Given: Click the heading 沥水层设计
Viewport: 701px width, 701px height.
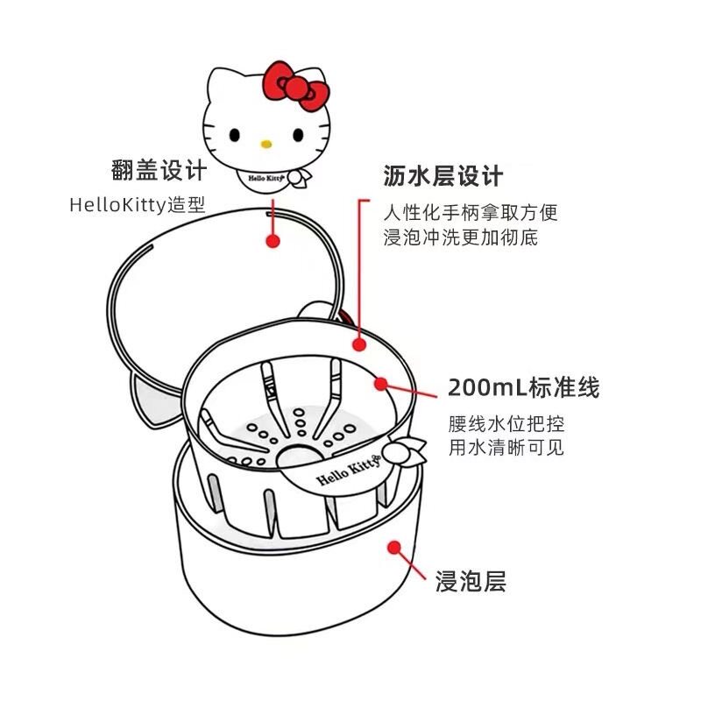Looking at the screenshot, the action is [443, 176].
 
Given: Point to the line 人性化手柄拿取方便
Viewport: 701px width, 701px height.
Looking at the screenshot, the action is [470, 213].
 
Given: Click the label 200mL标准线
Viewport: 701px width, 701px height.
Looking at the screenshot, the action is [523, 386].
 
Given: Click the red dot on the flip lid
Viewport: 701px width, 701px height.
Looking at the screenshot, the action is [273, 238].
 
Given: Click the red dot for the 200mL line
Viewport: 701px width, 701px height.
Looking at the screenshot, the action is [380, 383].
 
